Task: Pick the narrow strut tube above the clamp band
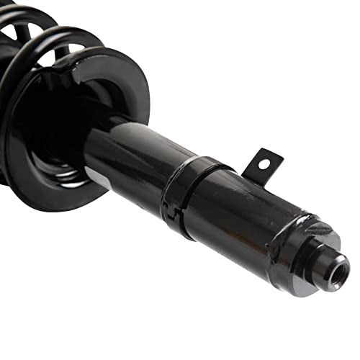(x=130, y=151)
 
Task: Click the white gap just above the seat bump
(x=72, y=50)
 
